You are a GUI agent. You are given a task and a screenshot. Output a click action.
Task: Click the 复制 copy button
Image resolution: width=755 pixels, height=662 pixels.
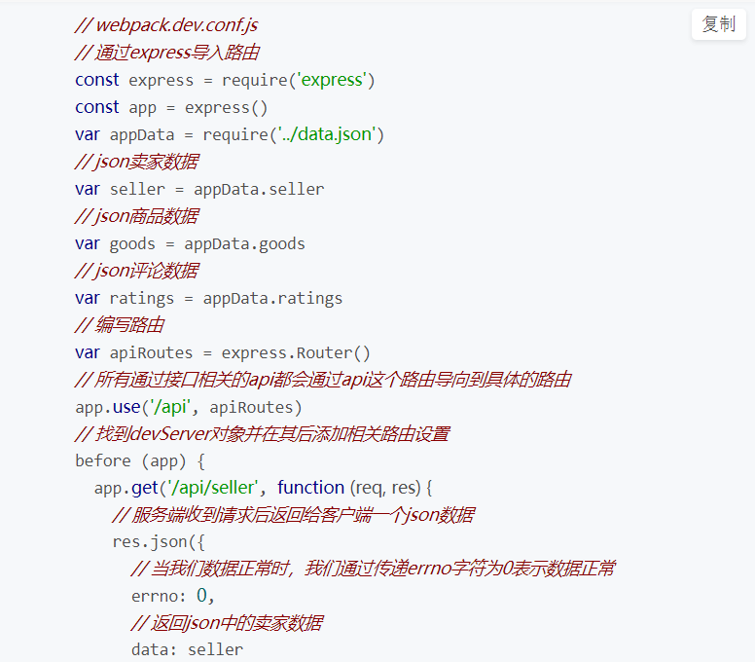tap(718, 24)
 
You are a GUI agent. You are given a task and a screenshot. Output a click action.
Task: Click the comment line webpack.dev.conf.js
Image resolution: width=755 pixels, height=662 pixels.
tap(166, 24)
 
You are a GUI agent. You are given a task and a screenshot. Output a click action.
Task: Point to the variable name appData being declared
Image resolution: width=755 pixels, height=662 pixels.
tap(141, 134)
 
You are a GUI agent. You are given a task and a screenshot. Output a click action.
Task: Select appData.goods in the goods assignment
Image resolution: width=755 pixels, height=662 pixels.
tap(244, 243)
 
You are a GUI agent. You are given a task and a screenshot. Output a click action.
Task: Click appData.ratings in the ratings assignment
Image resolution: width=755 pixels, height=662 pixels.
tap(272, 298)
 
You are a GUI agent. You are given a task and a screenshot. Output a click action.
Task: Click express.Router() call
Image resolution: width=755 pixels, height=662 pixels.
tap(296, 352)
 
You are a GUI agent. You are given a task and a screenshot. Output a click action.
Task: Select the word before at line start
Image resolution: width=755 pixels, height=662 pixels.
tap(102, 460)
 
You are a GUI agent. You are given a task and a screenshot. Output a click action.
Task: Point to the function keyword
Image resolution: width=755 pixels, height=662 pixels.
tap(311, 487)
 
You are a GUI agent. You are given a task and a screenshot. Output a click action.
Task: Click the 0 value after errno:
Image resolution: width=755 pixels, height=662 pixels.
tap(202, 596)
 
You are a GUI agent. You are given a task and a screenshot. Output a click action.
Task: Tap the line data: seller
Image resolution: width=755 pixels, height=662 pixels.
tap(187, 649)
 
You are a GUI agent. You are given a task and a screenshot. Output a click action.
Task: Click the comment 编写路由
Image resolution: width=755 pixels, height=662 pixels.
tap(119, 325)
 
